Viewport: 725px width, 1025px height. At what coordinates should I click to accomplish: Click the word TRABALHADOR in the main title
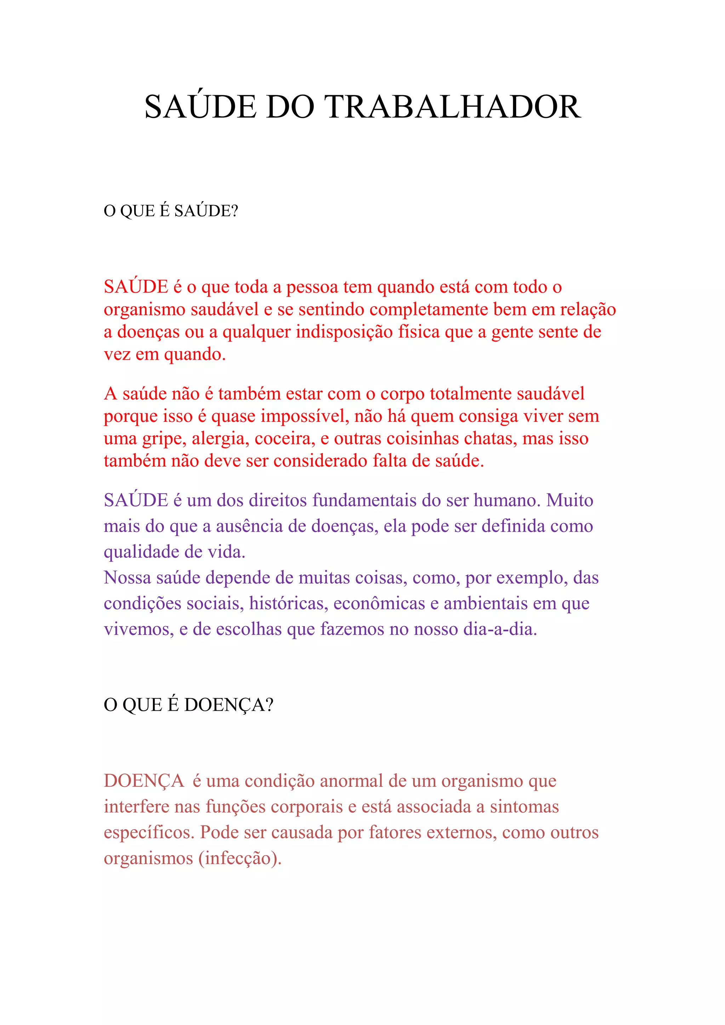(x=453, y=107)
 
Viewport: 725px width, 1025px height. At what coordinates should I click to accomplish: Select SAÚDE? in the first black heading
(x=206, y=211)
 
